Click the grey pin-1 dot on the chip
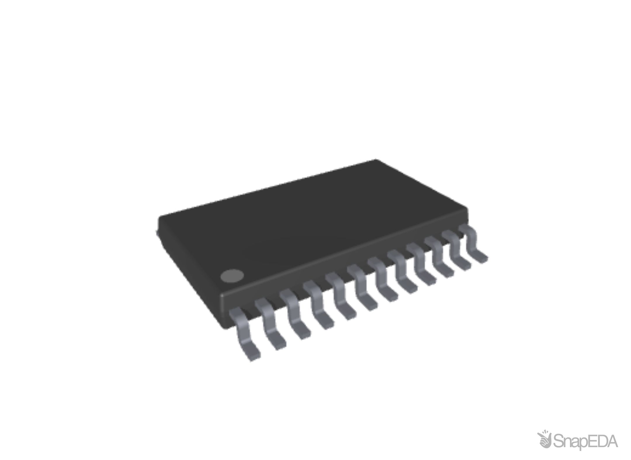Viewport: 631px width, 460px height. (x=232, y=276)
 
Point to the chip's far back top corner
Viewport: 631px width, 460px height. (x=375, y=160)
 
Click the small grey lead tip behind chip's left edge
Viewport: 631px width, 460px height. (x=156, y=232)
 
